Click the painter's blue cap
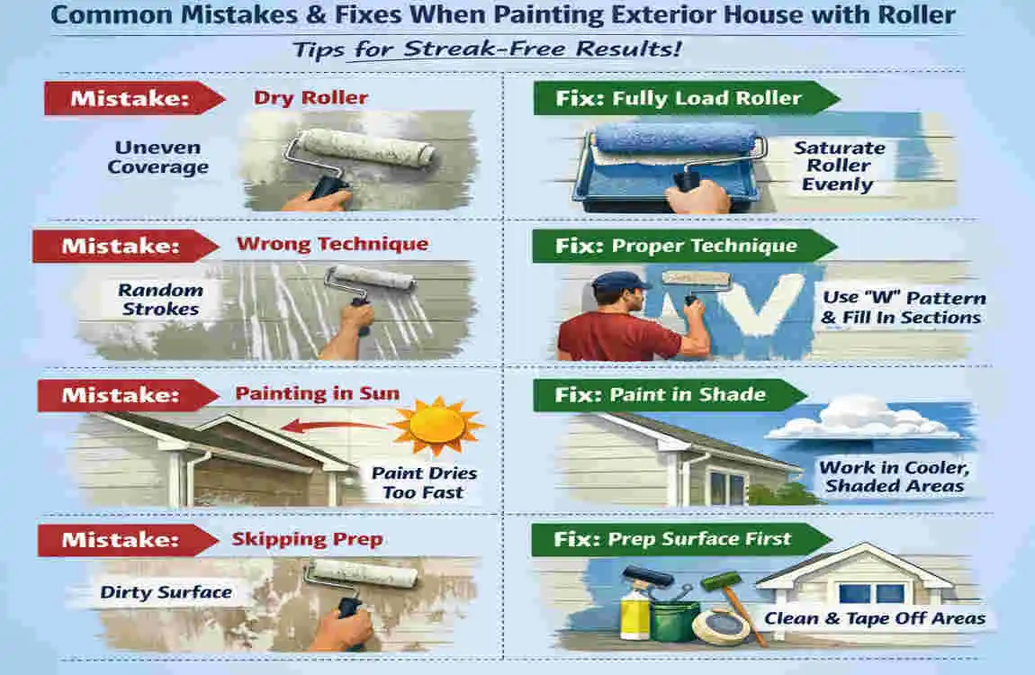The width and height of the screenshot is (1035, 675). coord(621,283)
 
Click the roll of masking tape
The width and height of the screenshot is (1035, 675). coord(720,625)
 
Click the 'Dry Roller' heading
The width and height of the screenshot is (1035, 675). coord(310,97)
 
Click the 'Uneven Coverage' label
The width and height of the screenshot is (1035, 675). coord(157,157)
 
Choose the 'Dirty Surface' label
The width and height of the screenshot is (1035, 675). coord(166,591)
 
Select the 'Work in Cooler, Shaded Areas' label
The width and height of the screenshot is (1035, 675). coord(890,477)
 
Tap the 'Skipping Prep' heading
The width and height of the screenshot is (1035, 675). coord(307,539)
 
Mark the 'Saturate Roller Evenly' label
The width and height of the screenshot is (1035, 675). coord(839,166)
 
